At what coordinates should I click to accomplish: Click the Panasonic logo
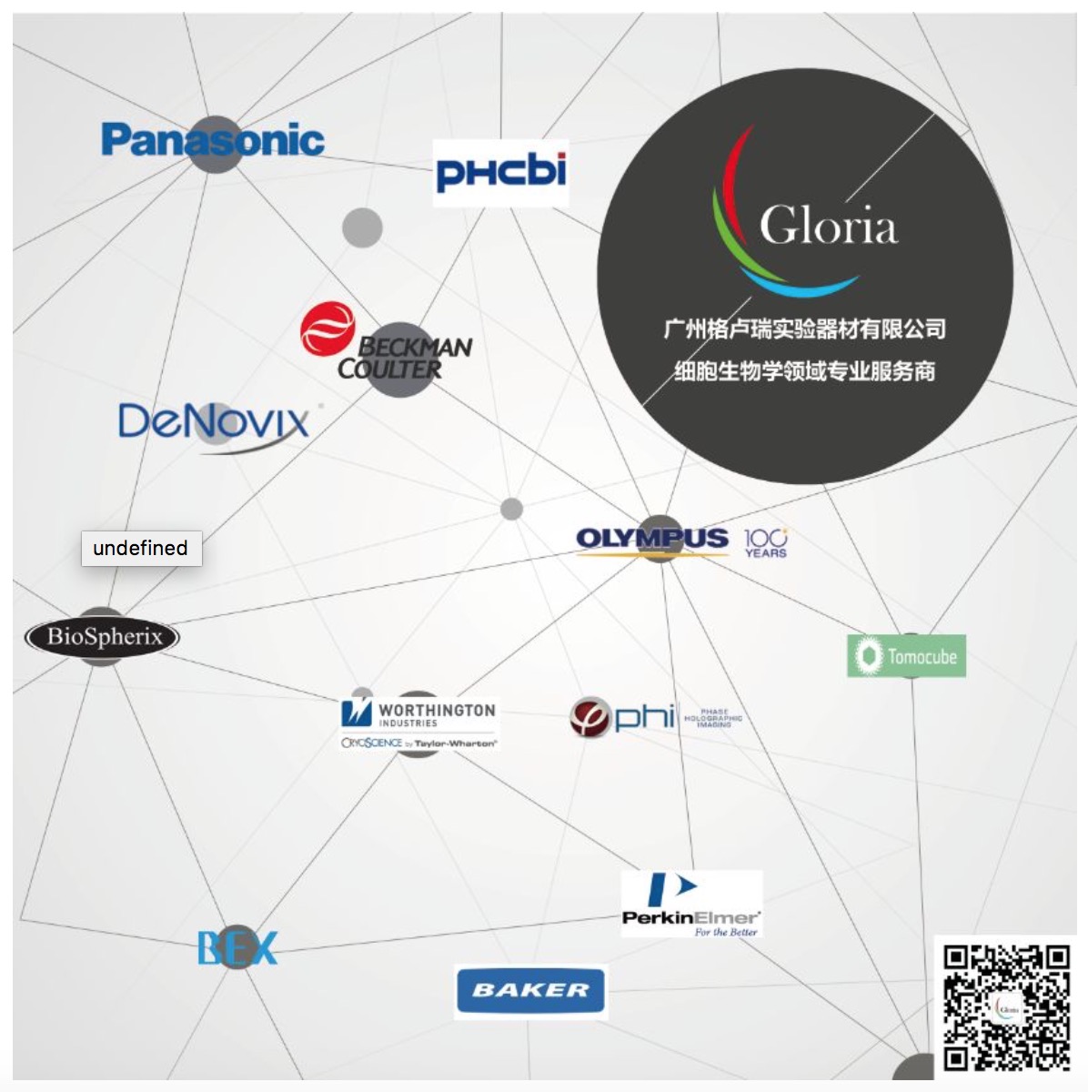[x=213, y=140]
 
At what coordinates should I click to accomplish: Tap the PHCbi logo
[x=500, y=172]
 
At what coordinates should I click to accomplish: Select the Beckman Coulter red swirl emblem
[x=327, y=329]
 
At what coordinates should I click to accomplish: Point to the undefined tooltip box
[x=141, y=548]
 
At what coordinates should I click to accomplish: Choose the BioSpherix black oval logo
[x=103, y=636]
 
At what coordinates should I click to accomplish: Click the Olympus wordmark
[x=652, y=539]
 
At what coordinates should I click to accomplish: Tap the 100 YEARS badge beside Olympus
[x=765, y=542]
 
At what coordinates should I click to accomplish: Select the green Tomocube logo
[x=906, y=656]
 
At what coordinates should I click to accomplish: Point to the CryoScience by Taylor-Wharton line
[x=419, y=743]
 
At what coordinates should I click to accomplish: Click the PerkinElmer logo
[x=691, y=905]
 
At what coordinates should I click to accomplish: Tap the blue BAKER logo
[x=530, y=990]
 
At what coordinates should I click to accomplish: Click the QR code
[x=1007, y=1007]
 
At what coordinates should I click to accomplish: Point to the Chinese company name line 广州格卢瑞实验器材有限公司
[x=804, y=329]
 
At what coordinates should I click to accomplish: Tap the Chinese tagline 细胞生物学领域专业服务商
[x=804, y=371]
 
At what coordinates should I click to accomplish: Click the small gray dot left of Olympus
[x=512, y=509]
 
